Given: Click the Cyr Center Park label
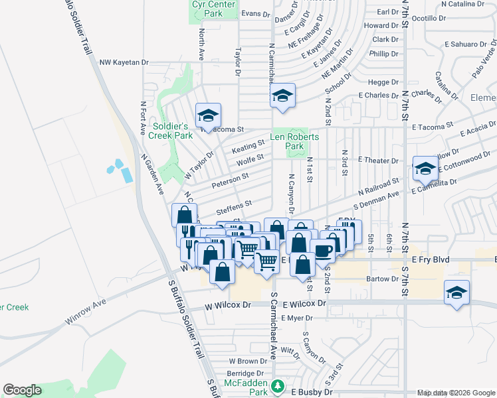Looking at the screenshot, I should click(213, 8).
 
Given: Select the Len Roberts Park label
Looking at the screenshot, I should click(294, 141).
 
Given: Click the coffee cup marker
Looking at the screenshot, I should click(324, 252).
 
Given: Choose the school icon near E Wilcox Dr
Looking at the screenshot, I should click(456, 293).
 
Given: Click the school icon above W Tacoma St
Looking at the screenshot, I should click(208, 116).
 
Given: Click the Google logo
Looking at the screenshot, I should click(22, 390).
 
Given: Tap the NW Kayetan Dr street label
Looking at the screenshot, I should click(124, 62).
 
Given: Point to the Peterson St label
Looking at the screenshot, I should click(230, 177).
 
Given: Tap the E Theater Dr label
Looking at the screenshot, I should click(378, 161).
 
